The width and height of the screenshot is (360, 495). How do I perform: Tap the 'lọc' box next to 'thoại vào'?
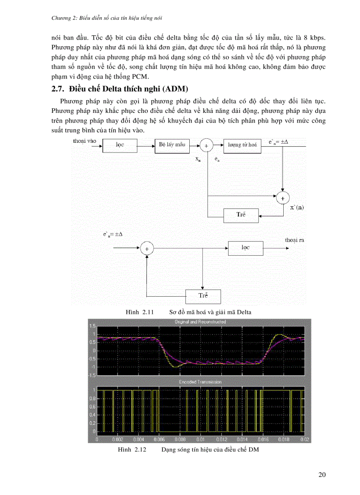pyautogui.click(x=120, y=145)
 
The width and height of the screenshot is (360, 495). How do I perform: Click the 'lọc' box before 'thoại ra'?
pyautogui.click(x=245, y=248)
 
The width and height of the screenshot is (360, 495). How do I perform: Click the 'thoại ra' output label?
pyautogui.click(x=294, y=240)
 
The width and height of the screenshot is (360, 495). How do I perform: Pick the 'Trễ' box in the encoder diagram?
pyautogui.click(x=241, y=215)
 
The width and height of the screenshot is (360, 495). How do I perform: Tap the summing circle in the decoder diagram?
pyautogui.click(x=147, y=249)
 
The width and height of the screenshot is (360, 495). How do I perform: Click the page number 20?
pyautogui.click(x=322, y=475)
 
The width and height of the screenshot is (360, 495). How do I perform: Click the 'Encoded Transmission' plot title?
pyautogui.click(x=200, y=382)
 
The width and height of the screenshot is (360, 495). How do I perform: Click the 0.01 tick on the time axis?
pyautogui.click(x=200, y=440)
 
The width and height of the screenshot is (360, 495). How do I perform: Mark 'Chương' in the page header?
pyautogui.click(x=60, y=18)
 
